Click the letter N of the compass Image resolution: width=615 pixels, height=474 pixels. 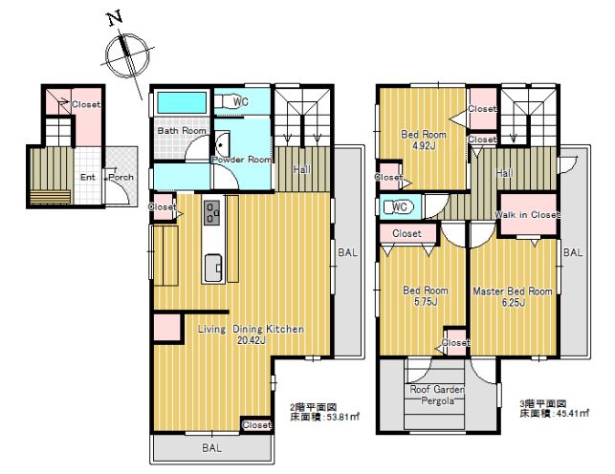tap(115, 18)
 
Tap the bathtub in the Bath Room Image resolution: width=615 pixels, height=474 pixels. tap(182, 102)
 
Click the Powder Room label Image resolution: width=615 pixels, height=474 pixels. tap(242, 160)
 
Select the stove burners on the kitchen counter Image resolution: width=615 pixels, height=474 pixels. tap(212, 213)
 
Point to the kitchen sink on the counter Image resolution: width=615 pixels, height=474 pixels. tap(213, 268)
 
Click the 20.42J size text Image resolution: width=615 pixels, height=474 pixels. tap(252, 340)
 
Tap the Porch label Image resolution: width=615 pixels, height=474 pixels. tap(121, 177)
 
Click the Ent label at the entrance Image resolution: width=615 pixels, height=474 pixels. tap(87, 177)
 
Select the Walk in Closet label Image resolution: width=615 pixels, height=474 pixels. tap(527, 215)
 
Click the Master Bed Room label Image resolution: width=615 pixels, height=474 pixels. tap(513, 291)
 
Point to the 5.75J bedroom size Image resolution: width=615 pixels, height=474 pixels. tap(426, 302)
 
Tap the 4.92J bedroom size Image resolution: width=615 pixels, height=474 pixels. tap(424, 145)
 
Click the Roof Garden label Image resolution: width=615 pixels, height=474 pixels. tap(437, 389)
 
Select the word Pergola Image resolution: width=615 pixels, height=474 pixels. tap(437, 400)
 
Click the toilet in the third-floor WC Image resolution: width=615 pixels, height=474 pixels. tap(397, 206)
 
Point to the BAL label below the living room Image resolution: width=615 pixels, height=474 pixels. tap(211, 448)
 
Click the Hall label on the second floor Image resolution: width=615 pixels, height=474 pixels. tap(302, 169)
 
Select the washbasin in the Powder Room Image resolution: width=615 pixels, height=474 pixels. tap(222, 144)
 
